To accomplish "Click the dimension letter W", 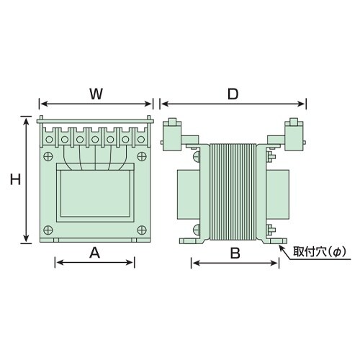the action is point(96,94).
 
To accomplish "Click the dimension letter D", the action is point(233,94).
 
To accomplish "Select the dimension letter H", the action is point(15,179).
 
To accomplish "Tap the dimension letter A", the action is point(94,253).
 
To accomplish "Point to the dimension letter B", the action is point(235,253).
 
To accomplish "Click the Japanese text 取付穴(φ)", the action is point(320,253).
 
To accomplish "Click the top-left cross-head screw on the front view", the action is point(48,156).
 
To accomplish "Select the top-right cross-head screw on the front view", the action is point(142,156).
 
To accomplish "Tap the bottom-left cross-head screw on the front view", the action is point(48,230).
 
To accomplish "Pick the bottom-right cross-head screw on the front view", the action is point(142,230).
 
